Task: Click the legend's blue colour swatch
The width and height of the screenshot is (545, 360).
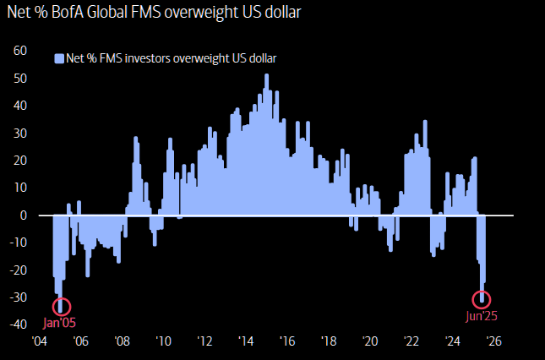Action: (59, 58)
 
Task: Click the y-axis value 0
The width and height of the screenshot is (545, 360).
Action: (26, 215)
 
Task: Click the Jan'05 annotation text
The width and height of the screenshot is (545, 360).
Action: (61, 322)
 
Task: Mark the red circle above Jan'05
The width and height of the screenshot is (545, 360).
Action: (62, 306)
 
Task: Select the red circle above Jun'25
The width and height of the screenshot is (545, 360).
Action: (482, 298)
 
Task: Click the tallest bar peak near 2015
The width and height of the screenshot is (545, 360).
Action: (266, 76)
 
